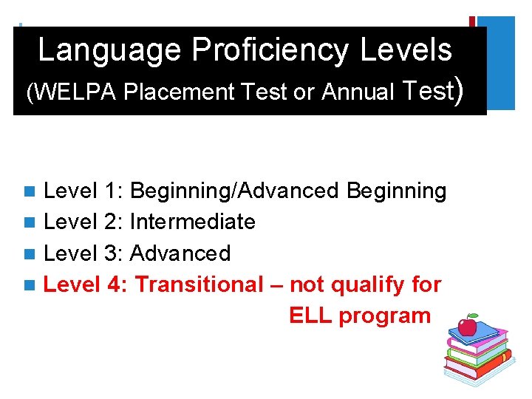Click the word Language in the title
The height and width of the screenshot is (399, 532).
[110, 51]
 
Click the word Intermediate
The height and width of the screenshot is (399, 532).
[193, 222]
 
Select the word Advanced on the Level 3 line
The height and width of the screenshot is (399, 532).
[180, 253]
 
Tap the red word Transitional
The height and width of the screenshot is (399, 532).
[199, 284]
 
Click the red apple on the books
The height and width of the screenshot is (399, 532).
[467, 326]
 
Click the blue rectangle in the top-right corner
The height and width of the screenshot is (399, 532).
[497, 63]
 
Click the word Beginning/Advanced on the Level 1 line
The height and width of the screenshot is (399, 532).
[233, 191]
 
